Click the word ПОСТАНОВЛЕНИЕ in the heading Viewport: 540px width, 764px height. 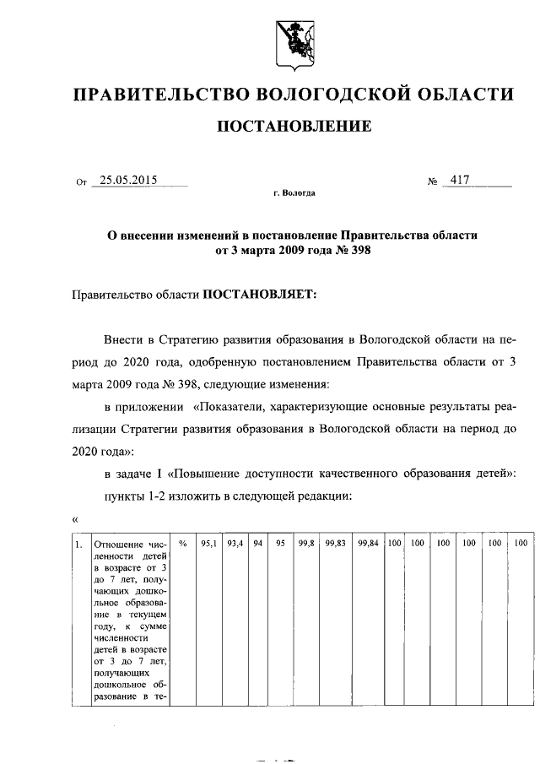tap(294, 127)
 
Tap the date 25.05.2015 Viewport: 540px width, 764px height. tap(128, 180)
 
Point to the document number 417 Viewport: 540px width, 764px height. tap(460, 180)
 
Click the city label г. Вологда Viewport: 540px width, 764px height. tap(294, 193)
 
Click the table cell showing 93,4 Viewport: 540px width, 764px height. tap(235, 545)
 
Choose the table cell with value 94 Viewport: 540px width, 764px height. tap(259, 545)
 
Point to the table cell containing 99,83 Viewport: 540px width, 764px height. tap(337, 545)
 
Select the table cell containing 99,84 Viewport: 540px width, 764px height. tap(368, 545)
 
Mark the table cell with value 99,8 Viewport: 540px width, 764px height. tap(306, 545)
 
